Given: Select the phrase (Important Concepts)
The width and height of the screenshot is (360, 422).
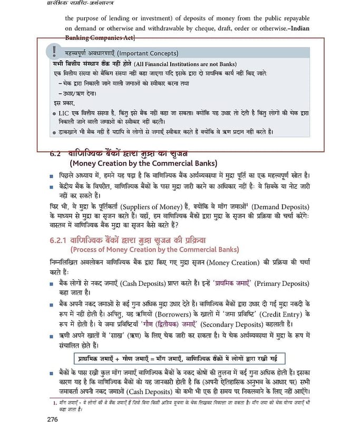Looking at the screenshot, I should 148,53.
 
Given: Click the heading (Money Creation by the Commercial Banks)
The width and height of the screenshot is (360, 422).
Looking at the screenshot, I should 143,164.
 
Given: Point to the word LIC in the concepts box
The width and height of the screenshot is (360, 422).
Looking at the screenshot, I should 66,113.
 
